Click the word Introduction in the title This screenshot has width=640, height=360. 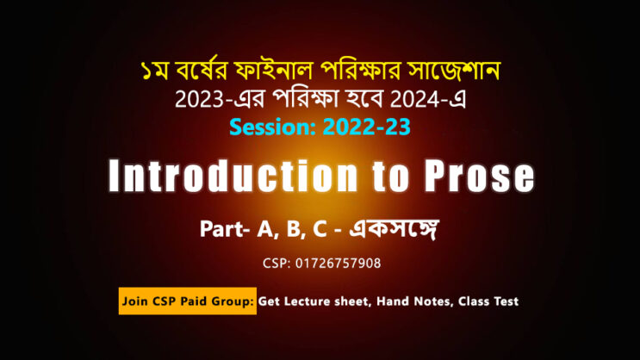233,176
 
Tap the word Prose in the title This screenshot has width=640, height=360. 479,176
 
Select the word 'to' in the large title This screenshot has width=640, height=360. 390,177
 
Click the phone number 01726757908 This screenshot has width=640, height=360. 338,264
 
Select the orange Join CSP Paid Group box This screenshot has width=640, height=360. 188,301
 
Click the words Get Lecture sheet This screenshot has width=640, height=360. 314,301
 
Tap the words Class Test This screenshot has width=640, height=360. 488,301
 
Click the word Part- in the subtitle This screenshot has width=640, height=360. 225,229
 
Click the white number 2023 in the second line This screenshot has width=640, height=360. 200,99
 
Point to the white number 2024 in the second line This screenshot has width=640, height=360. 414,99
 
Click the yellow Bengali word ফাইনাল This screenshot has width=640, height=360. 273,71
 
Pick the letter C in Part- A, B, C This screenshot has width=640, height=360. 320,229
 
